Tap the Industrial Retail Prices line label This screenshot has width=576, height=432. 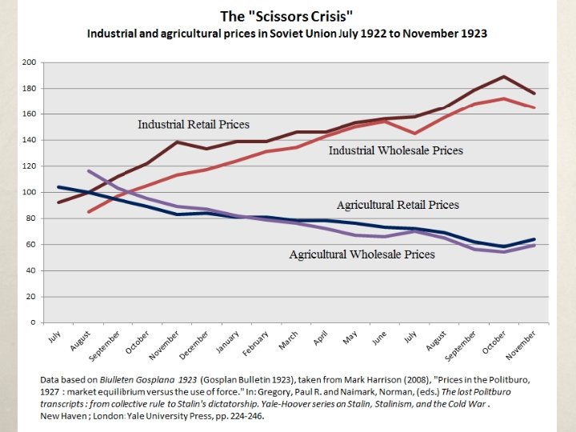pos(194,125)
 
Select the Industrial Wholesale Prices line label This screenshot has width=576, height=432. pos(396,150)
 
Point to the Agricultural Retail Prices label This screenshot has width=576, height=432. pos(398,205)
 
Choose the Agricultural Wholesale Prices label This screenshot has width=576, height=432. pos(362,254)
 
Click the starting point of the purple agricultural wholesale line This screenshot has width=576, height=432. pos(88,171)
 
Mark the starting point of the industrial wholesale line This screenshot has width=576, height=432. pos(88,212)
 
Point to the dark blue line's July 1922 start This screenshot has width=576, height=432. pos(58,187)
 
